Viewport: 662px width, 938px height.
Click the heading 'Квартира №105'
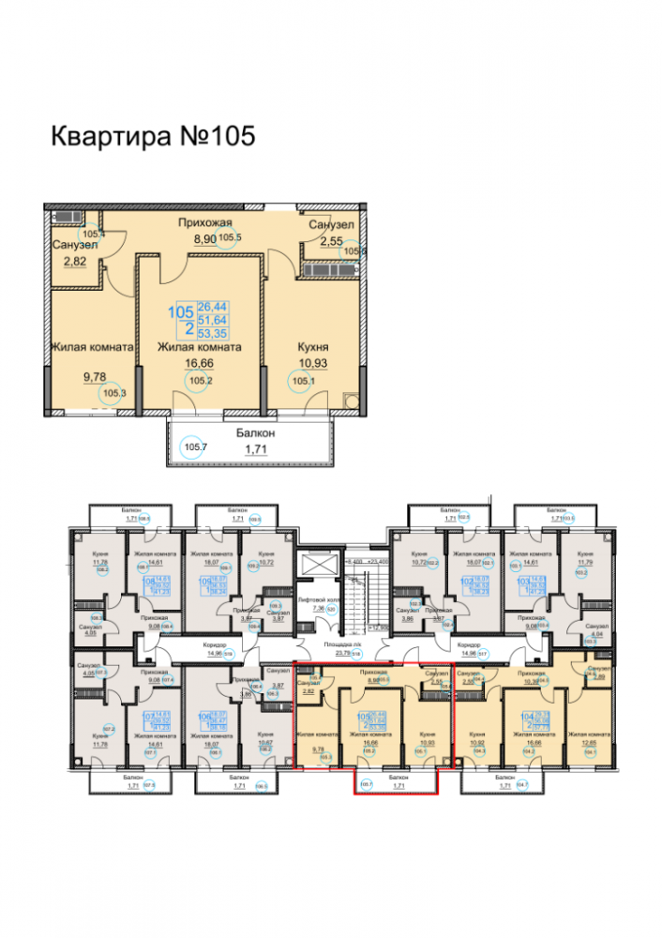tap(152, 136)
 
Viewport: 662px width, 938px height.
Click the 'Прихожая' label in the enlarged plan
tap(205, 222)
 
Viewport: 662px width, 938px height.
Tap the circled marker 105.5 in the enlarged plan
tap(231, 237)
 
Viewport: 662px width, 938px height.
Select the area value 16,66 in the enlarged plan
tap(200, 365)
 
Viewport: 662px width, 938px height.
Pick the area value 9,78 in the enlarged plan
tap(95, 377)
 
